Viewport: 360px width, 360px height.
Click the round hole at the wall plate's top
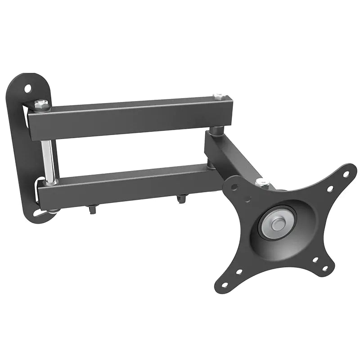pos(28,87)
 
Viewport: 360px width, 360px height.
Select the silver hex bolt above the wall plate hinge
pos(41,104)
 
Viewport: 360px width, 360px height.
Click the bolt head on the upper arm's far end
pos(219,96)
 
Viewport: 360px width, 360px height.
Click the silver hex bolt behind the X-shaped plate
pos(261,182)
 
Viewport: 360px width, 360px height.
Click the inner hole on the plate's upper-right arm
pos(330,189)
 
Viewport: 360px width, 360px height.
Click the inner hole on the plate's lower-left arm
pos(238,272)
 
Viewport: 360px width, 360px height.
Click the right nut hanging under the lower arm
pos(181,198)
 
